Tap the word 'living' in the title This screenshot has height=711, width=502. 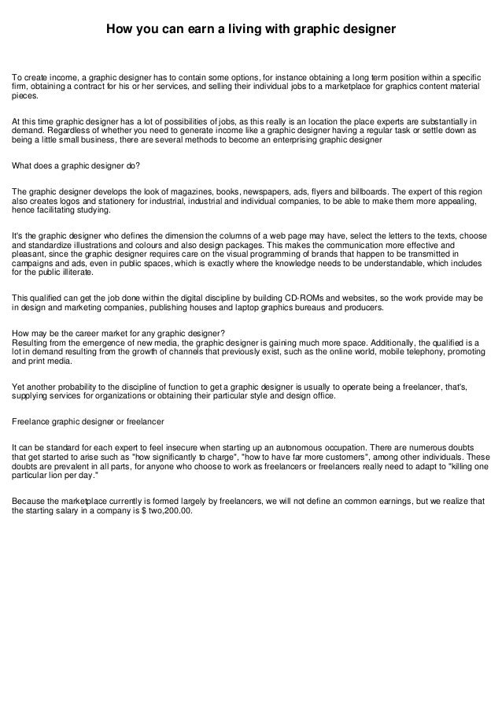pos(264,30)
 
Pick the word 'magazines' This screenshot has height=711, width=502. pos(181,192)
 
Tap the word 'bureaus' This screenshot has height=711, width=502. pos(315,308)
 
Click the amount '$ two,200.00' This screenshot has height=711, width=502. pos(164,510)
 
